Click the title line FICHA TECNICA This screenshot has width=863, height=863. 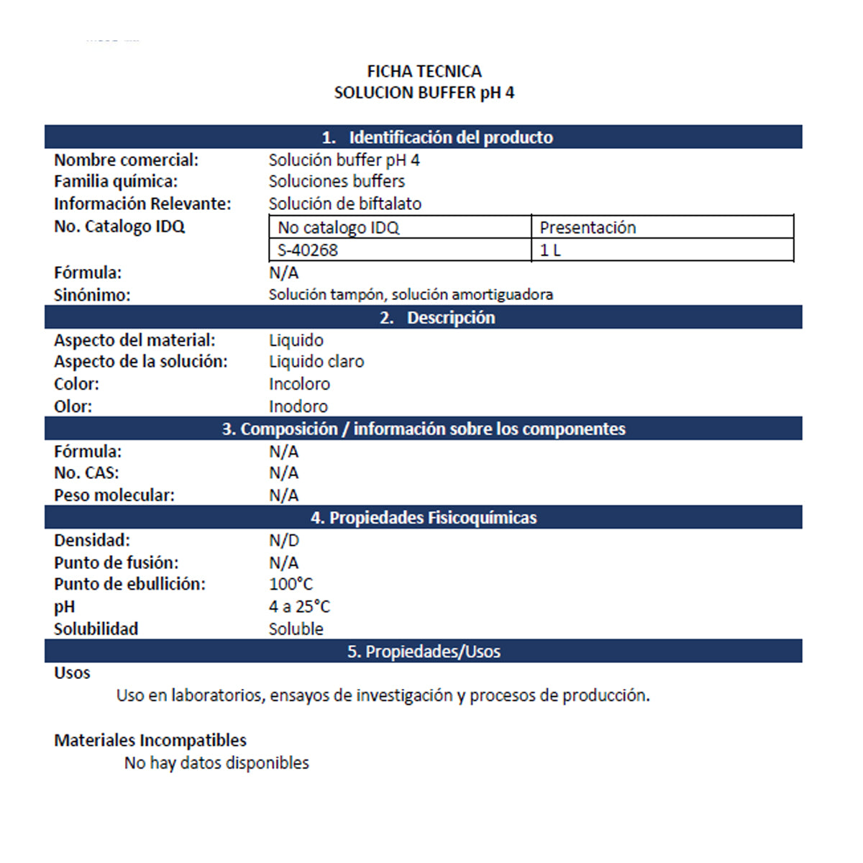[424, 71]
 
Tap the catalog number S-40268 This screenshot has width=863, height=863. [308, 250]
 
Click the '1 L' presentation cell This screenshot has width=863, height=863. [550, 250]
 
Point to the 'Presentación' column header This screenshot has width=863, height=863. [588, 228]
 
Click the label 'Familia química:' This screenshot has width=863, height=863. [116, 181]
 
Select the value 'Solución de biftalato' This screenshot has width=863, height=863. [345, 204]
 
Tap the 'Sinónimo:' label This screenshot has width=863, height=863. [92, 295]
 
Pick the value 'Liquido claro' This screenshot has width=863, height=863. [316, 362]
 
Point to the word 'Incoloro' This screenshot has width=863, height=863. [299, 384]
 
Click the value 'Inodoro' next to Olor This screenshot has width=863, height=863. [298, 406]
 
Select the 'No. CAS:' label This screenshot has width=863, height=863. [86, 473]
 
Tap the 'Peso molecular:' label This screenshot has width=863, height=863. [114, 496]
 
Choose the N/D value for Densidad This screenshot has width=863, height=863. [284, 540]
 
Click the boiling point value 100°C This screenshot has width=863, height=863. [291, 585]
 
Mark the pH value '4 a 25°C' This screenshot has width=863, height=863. [299, 607]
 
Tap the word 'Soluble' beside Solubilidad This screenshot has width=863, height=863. [296, 629]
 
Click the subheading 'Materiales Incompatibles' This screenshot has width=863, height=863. [150, 740]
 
